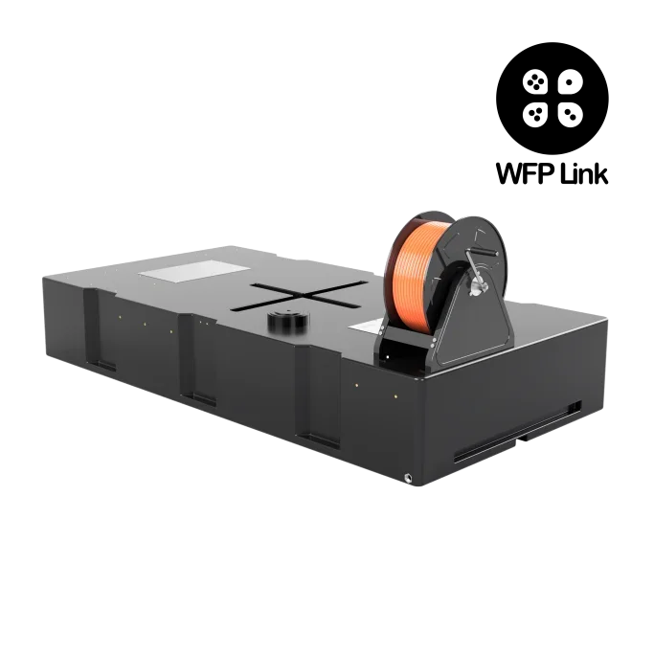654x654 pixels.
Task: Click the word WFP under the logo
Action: [x=525, y=173]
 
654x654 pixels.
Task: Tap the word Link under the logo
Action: [x=584, y=173]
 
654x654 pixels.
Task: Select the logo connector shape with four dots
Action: [x=534, y=81]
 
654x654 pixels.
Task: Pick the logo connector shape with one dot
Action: [x=570, y=81]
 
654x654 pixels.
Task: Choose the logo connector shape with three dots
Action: [x=534, y=114]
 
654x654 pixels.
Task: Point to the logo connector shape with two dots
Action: [x=570, y=114]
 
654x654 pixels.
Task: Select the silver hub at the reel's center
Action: [x=476, y=287]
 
